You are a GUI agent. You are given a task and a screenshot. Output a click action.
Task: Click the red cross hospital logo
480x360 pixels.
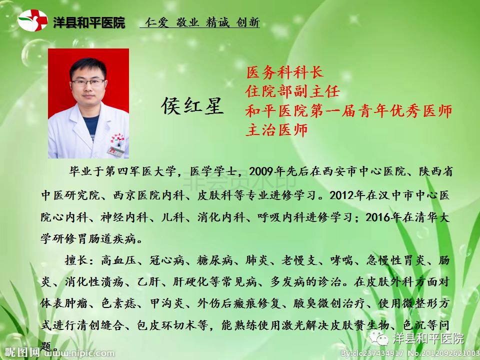(33, 20)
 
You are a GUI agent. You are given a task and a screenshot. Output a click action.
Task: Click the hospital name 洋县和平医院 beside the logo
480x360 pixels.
(89, 22)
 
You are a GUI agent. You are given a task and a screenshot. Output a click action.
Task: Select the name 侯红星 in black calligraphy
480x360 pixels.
(192, 106)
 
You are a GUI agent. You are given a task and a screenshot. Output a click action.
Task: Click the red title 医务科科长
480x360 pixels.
(285, 72)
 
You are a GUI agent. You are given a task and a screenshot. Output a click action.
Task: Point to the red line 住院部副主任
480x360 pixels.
(292, 91)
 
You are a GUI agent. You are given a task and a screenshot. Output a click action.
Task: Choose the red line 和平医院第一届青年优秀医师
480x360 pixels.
(348, 110)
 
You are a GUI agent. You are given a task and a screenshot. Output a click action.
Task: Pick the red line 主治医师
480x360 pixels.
(276, 130)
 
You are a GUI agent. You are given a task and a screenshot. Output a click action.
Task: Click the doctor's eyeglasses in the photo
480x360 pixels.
(88, 82)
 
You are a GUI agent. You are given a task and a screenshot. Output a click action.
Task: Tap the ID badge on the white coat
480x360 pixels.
(115, 151)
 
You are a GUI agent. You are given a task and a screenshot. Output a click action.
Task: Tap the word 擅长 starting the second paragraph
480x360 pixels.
(77, 260)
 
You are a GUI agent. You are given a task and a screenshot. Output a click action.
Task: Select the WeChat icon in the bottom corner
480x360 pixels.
(379, 338)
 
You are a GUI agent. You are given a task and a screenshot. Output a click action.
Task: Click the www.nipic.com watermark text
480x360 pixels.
(80, 353)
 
